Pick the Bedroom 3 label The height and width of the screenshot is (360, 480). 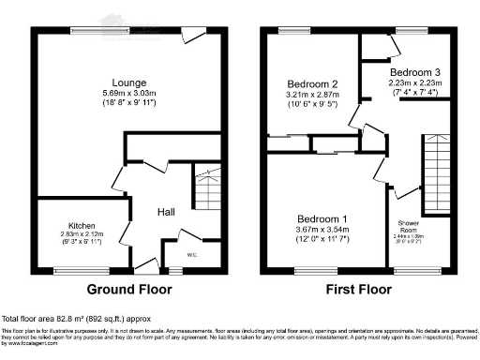(x=415, y=72)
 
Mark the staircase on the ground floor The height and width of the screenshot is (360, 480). (x=205, y=187)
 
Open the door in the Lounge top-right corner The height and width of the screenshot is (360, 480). (x=196, y=36)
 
